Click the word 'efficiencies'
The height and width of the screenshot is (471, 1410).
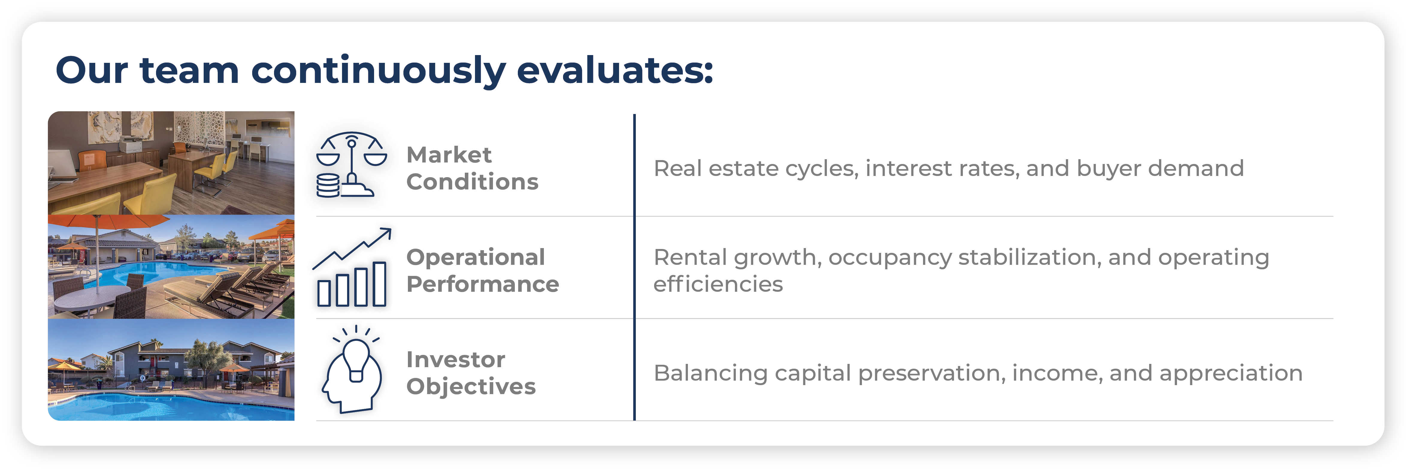point(718,284)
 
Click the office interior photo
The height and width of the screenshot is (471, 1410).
point(171,163)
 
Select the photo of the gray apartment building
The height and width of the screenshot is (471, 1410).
point(171,370)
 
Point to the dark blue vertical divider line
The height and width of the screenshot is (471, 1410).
point(634,267)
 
